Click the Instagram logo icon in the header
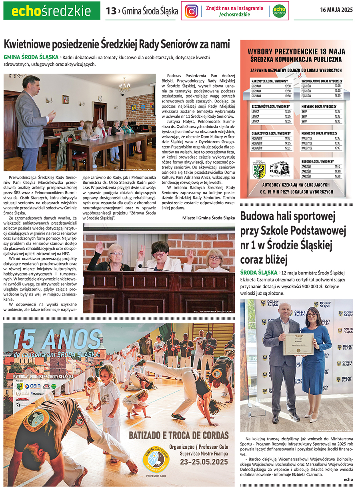coord(192,11)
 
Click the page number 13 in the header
coord(111,11)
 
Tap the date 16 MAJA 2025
coord(336,10)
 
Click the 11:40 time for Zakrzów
coord(338,167)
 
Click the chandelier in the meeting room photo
coord(124,85)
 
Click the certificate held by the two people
coord(298,344)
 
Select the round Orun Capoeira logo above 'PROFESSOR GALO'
coord(156,460)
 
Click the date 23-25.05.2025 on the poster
coord(204,462)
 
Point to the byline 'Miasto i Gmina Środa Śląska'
coord(208,218)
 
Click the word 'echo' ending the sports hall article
coord(348,479)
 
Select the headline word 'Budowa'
coord(259,217)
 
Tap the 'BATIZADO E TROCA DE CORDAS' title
coord(179,436)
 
